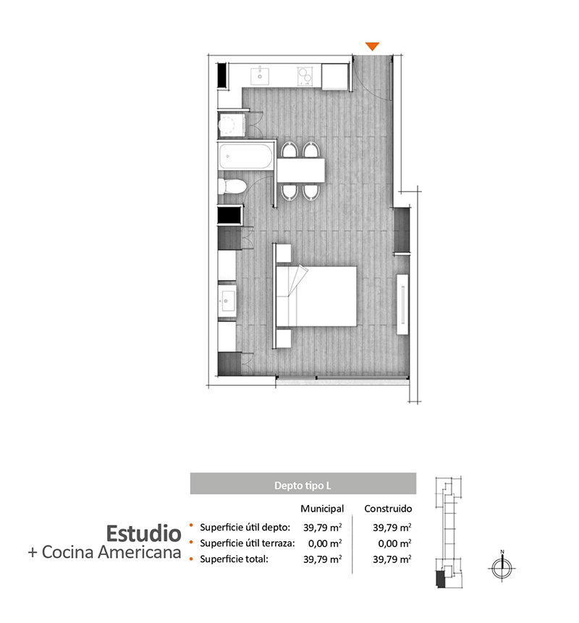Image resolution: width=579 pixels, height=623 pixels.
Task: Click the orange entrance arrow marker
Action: point(372,46)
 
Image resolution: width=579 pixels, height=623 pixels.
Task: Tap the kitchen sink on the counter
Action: point(260,75)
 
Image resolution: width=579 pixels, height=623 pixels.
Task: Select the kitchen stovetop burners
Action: point(305,76)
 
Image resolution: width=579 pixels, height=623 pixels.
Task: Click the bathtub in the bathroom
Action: point(245,156)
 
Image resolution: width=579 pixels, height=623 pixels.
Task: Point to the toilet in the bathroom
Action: point(232,187)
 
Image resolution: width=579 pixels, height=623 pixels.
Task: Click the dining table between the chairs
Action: point(301,171)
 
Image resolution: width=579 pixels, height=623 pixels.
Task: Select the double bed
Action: point(316,297)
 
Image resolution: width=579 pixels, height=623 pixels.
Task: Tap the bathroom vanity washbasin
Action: point(227,300)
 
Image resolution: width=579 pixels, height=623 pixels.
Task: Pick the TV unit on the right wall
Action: point(402,304)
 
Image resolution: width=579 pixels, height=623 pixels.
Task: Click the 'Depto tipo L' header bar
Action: point(303,483)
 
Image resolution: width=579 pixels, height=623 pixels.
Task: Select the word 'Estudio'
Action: point(143,533)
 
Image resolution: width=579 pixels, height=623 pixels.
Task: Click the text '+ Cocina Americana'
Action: point(104,552)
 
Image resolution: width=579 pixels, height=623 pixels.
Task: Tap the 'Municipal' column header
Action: point(322,509)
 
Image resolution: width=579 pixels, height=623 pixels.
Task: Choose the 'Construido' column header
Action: point(388,509)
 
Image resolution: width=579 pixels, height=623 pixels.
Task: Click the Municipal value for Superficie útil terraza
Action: point(325,543)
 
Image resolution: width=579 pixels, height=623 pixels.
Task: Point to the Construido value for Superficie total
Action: point(392,559)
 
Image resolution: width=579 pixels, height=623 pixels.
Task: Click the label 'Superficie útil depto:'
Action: point(245,527)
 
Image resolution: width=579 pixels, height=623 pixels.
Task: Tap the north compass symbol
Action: point(502,567)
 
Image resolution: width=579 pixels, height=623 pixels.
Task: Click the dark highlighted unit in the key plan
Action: point(440,579)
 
